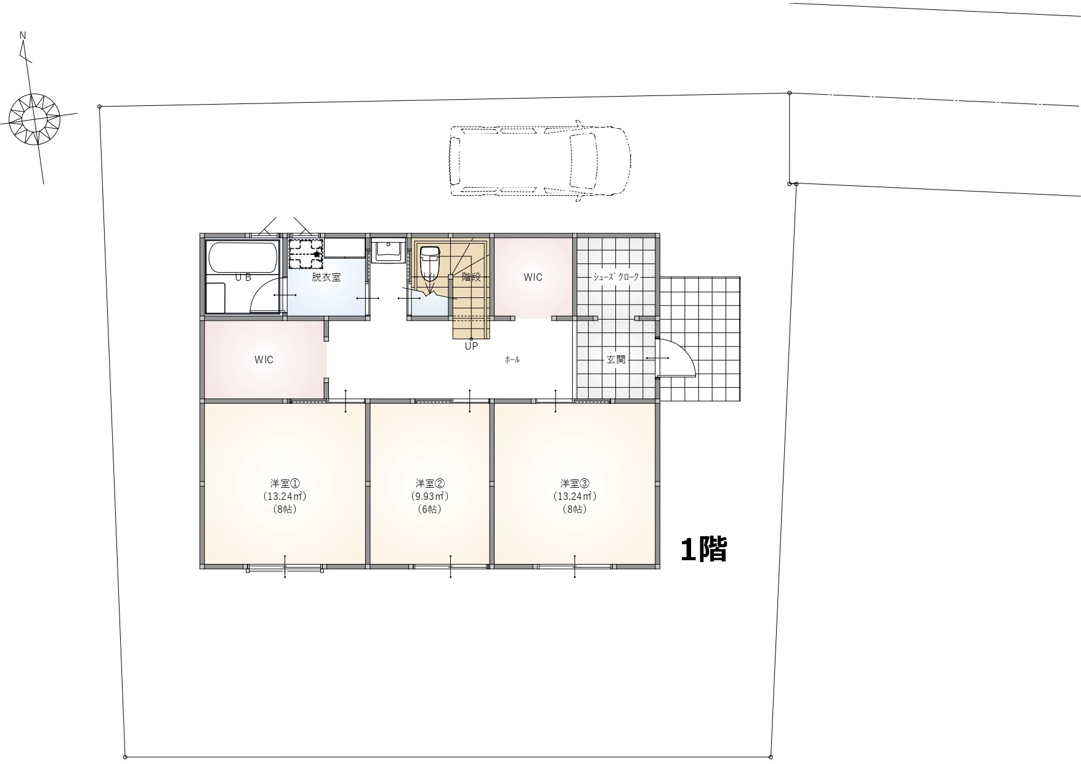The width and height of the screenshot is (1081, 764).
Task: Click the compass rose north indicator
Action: tap(34, 116)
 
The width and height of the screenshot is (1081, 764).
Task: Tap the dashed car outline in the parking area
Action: tap(540, 161)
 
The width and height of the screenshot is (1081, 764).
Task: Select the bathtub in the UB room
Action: tap(242, 257)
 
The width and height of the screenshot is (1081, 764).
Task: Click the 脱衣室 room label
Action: tap(326, 277)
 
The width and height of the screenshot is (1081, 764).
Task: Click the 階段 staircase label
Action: tap(471, 277)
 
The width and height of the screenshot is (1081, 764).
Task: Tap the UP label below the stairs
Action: tap(471, 346)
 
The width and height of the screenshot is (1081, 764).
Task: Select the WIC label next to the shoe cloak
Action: tap(533, 277)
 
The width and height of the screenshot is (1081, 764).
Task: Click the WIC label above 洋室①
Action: tap(264, 360)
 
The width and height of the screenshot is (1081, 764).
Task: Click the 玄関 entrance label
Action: tap(617, 360)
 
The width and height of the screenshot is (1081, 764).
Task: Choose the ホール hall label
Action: tap(512, 360)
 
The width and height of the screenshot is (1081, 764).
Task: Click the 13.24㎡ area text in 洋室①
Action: tap(285, 496)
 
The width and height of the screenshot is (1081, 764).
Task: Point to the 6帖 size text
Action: tap(430, 510)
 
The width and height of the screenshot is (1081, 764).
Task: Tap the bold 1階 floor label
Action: tap(704, 549)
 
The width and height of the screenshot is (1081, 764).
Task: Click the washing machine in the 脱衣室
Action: tap(306, 254)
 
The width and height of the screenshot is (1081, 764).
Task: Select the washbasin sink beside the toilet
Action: tap(388, 250)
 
